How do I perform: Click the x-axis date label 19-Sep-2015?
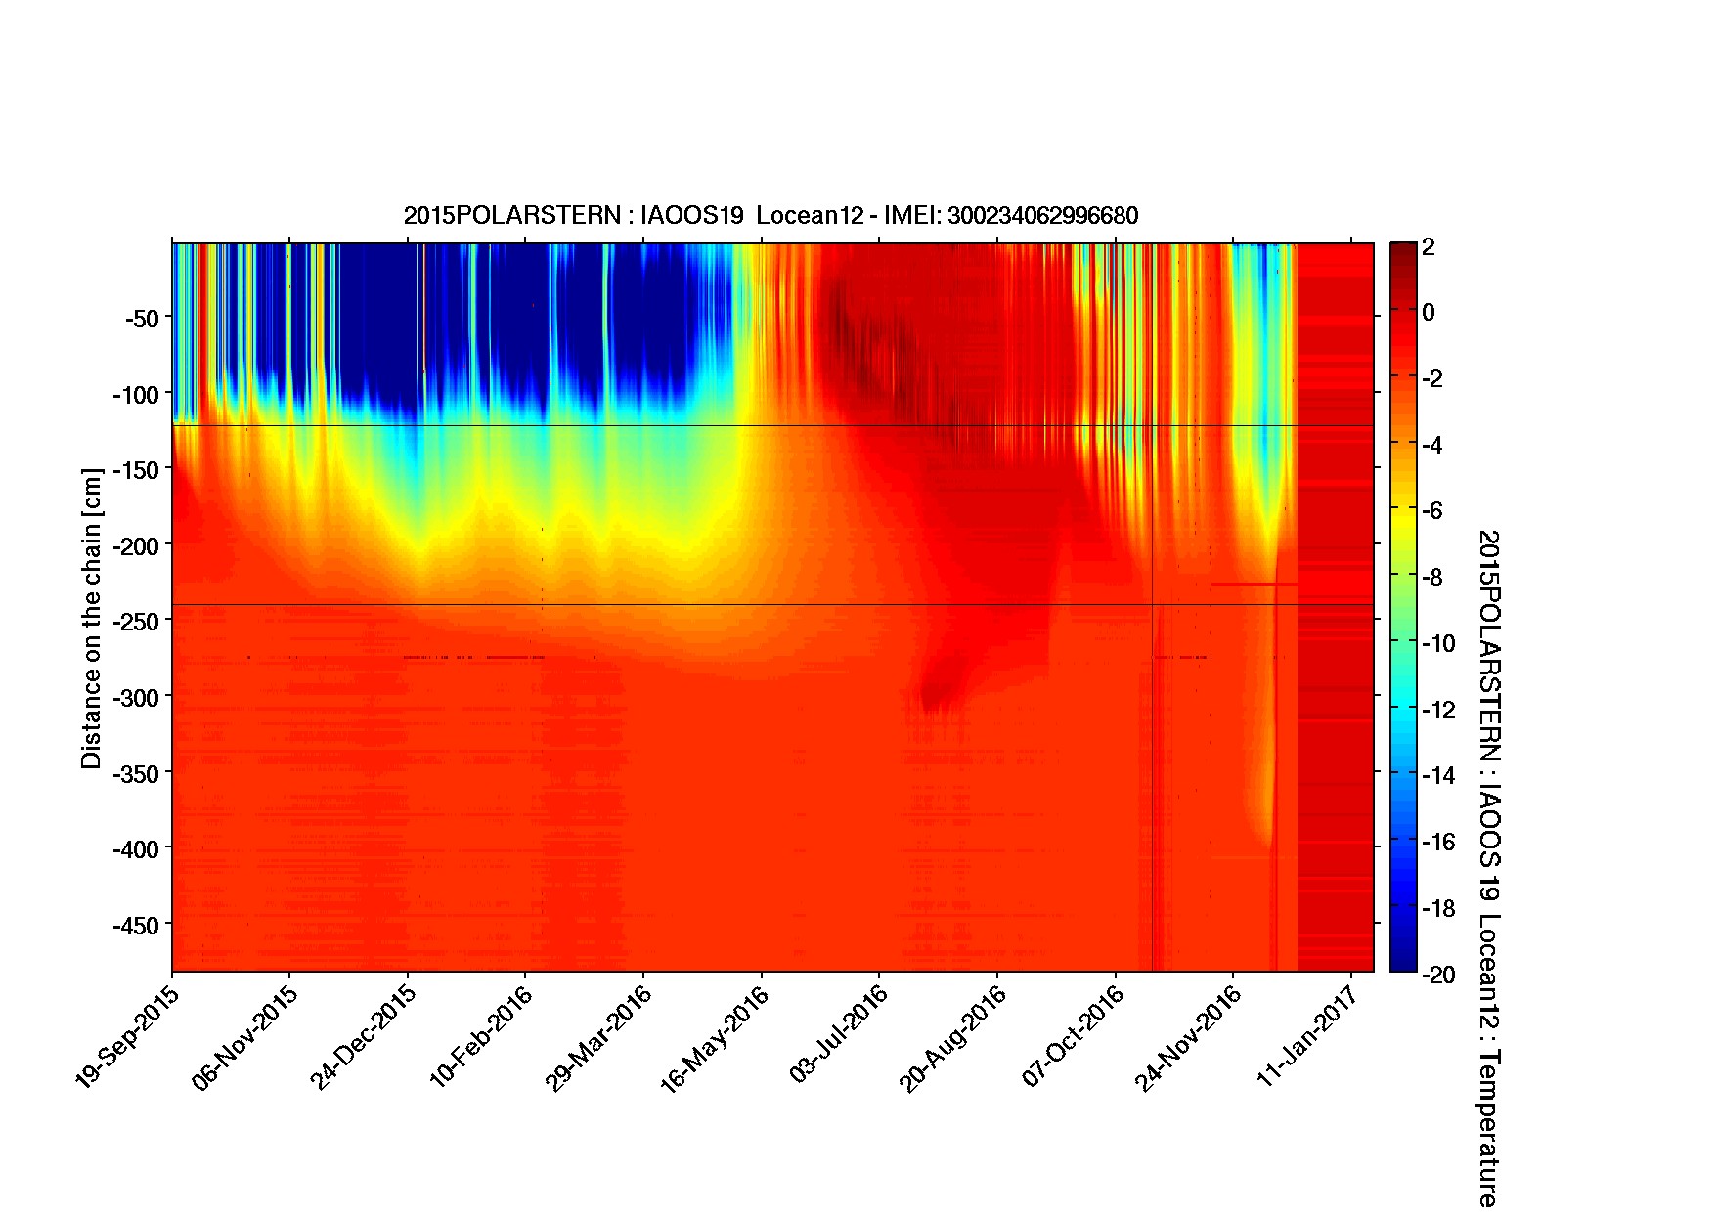point(126,1035)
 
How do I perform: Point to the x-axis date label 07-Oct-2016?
point(1073,1035)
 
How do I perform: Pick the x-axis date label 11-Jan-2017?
point(1307,1035)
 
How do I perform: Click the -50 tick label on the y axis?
point(141,318)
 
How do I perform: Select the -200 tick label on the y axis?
point(135,544)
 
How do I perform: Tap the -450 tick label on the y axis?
point(135,924)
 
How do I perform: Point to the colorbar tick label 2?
point(1429,246)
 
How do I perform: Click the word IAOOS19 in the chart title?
point(692,215)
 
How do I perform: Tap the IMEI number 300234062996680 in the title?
point(1042,215)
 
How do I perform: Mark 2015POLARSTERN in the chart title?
point(511,215)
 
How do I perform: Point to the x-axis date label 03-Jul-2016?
point(837,1035)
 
